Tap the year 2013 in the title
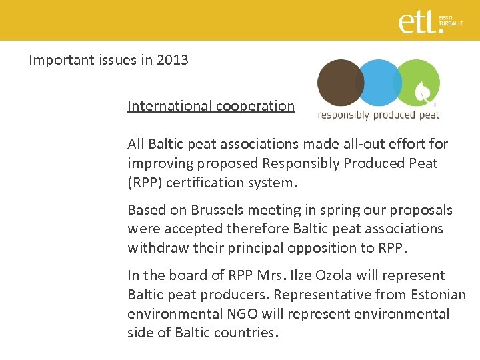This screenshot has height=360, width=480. click(x=173, y=60)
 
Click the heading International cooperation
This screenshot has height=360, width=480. click(x=211, y=106)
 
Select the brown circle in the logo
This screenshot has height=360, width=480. click(x=339, y=83)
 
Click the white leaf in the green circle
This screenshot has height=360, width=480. click(x=423, y=91)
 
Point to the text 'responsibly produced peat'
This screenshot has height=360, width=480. click(x=378, y=115)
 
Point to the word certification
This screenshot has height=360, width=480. click(x=199, y=182)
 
